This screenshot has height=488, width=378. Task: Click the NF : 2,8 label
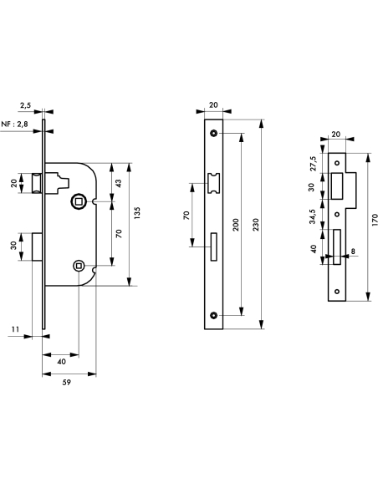coord(15,125)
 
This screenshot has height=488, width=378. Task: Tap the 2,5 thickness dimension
coord(26,105)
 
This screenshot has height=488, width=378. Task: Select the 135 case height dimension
coord(136,213)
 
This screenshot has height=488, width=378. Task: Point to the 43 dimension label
coord(118,183)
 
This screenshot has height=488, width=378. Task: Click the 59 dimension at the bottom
coord(67,382)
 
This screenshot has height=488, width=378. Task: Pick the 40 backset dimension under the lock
coord(62,361)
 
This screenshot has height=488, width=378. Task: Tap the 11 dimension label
coord(16,329)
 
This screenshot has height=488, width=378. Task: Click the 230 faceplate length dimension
coord(255,225)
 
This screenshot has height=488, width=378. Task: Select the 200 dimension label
coord(236,225)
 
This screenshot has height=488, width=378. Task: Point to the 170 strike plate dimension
coord(374,220)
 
